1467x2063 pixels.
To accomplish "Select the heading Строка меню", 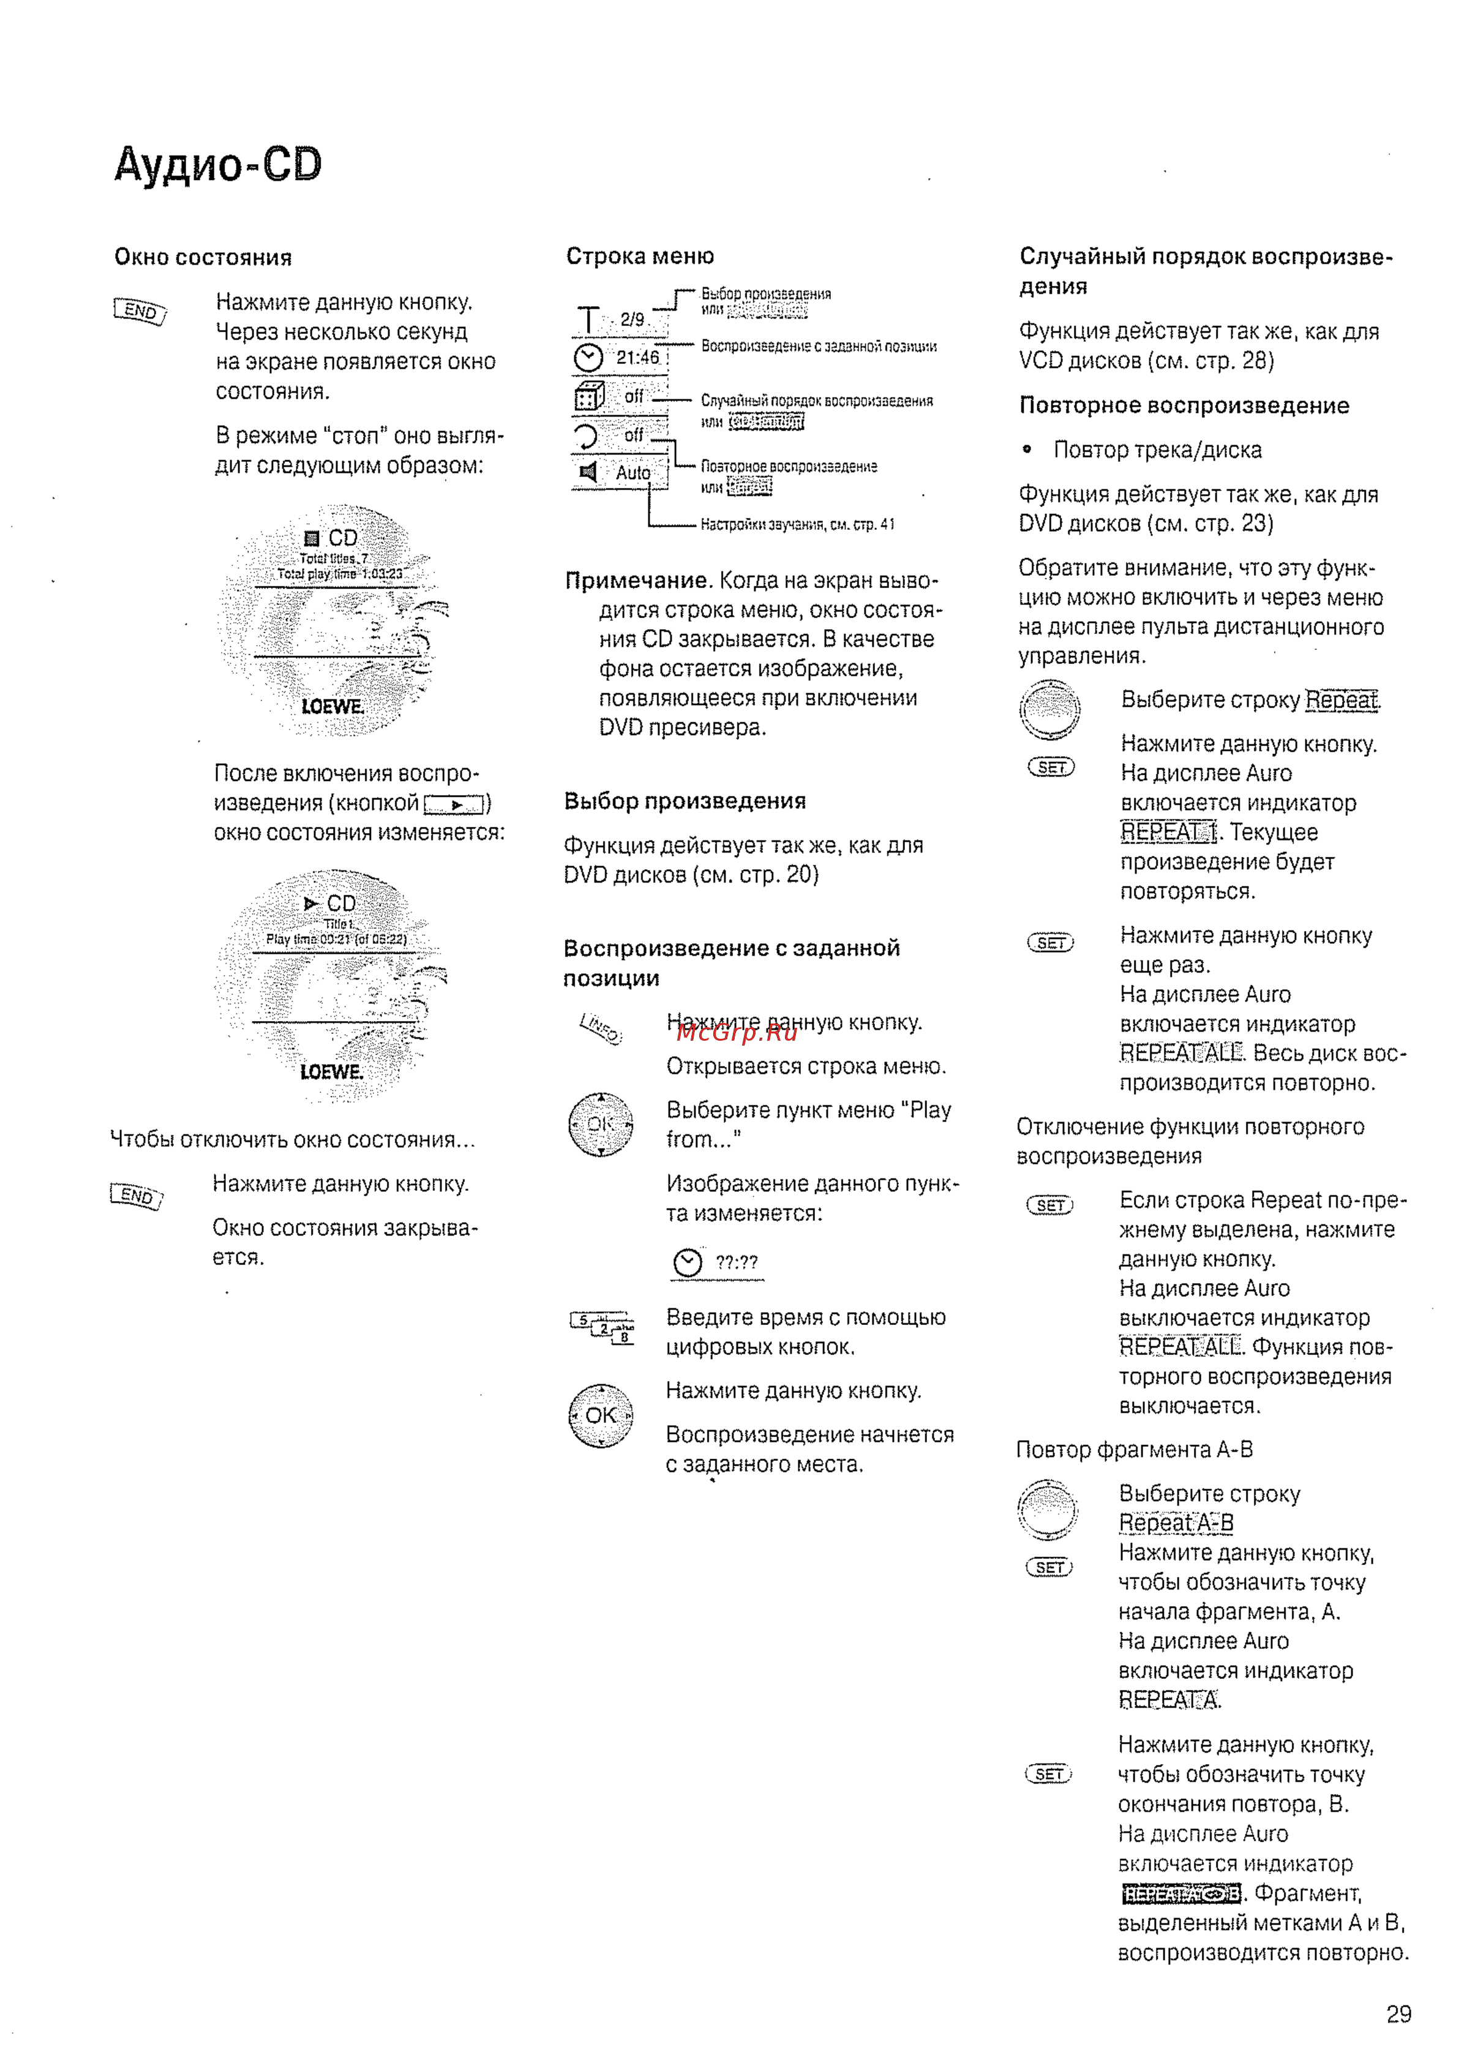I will (x=640, y=257).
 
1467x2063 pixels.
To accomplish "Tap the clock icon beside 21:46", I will (x=588, y=358).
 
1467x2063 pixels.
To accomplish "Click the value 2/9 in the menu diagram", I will (x=632, y=320).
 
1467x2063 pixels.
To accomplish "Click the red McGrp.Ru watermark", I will (x=736, y=1033).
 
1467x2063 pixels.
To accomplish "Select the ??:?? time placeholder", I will (x=736, y=1262).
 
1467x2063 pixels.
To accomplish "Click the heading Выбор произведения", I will (x=685, y=802).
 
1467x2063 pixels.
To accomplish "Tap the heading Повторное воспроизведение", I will (x=1184, y=405).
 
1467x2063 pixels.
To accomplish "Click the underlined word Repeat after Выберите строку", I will (x=1342, y=700).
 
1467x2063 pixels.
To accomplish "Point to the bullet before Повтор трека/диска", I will (x=1027, y=449).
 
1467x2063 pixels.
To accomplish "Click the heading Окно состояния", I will (x=203, y=257).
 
